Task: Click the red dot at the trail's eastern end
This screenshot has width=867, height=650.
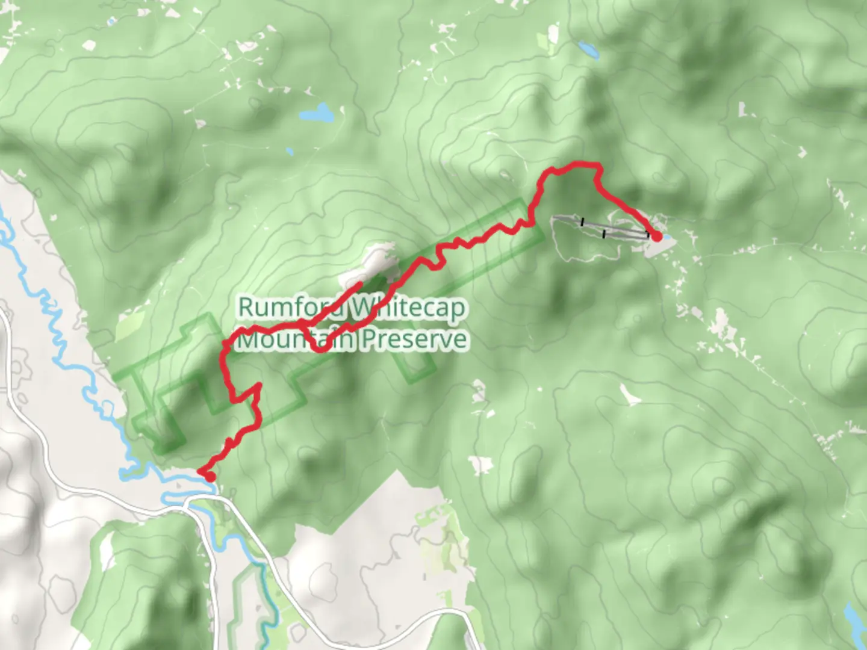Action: click(x=656, y=237)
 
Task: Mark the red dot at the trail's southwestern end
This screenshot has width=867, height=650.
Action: click(x=210, y=477)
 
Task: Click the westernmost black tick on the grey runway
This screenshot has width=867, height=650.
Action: click(x=582, y=221)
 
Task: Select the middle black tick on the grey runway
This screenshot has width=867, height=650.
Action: click(x=604, y=233)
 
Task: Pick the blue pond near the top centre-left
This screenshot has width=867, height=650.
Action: click(x=317, y=113)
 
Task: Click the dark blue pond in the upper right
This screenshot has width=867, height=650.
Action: click(x=588, y=50)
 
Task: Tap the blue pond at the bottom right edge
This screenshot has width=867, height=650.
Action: click(x=855, y=617)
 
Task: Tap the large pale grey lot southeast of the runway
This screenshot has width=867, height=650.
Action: click(x=656, y=248)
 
